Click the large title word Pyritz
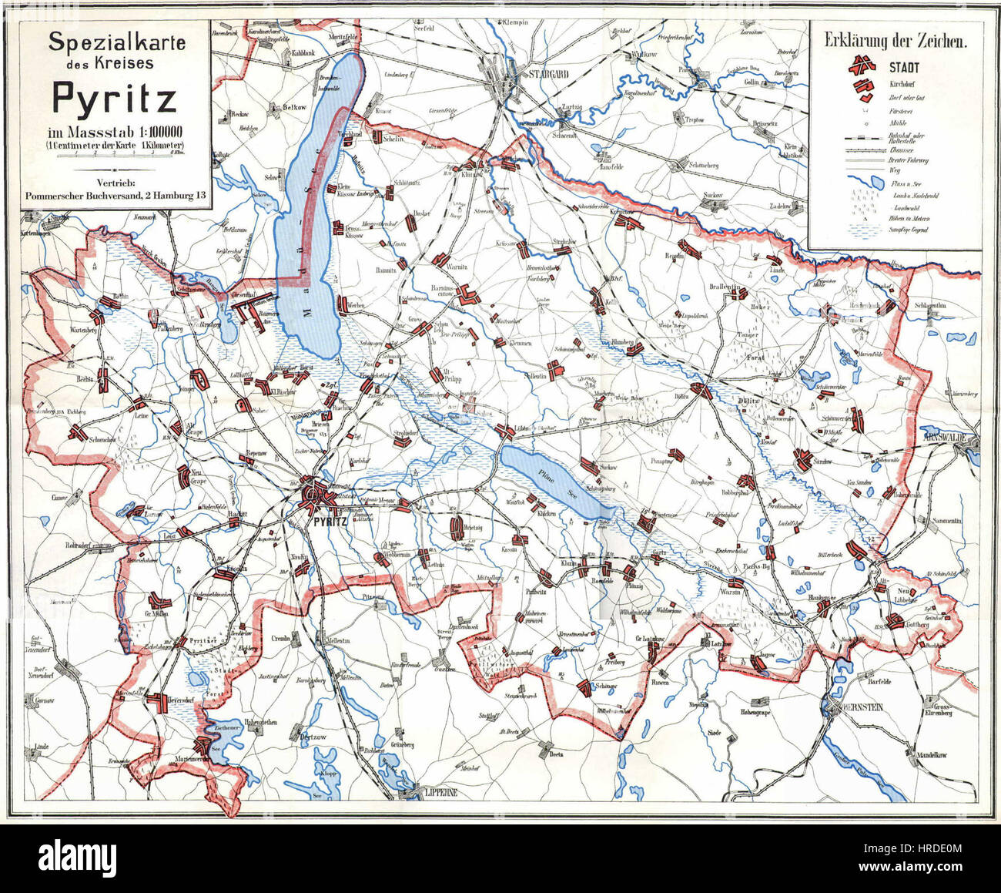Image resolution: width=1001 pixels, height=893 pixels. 114,98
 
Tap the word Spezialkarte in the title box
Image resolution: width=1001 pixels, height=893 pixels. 116,43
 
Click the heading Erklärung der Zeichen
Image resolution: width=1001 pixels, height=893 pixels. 895,41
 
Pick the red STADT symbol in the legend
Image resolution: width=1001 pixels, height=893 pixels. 862,67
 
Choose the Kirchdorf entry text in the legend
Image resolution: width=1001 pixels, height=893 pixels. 902,82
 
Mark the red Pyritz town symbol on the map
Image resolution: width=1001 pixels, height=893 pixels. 315,493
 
